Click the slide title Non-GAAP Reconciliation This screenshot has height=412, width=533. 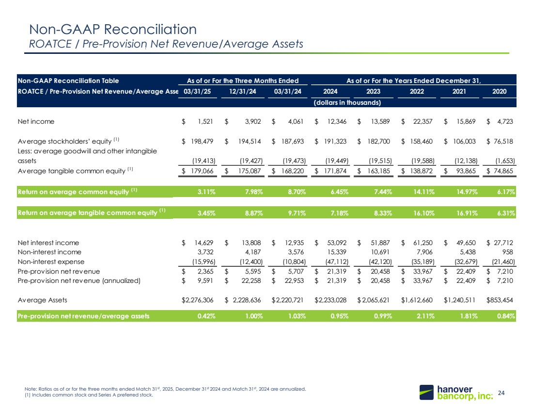(x=113, y=30)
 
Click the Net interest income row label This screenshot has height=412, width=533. (x=48, y=243)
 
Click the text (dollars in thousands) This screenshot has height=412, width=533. (x=347, y=102)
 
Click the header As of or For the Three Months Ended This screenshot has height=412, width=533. (x=243, y=80)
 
